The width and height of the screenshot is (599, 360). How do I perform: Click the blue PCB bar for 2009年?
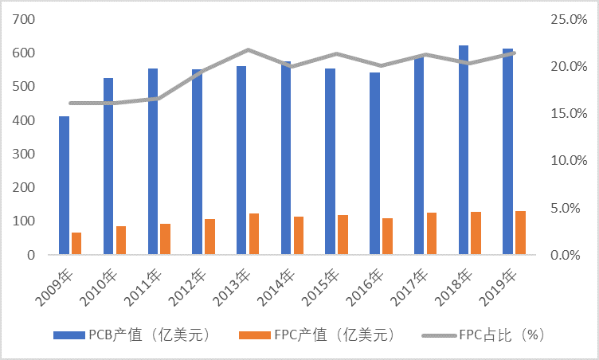(x=64, y=186)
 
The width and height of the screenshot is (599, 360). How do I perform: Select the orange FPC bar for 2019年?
(x=520, y=233)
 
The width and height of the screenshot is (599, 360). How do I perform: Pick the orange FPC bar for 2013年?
(x=254, y=234)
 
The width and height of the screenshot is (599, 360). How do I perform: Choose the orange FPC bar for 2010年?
(x=121, y=241)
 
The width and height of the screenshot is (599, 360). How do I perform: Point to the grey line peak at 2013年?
(x=248, y=50)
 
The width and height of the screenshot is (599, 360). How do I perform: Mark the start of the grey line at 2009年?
(x=70, y=103)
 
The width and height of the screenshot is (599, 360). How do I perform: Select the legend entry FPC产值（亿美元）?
(x=316, y=335)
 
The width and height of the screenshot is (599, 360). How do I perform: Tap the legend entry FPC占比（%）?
(x=492, y=335)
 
